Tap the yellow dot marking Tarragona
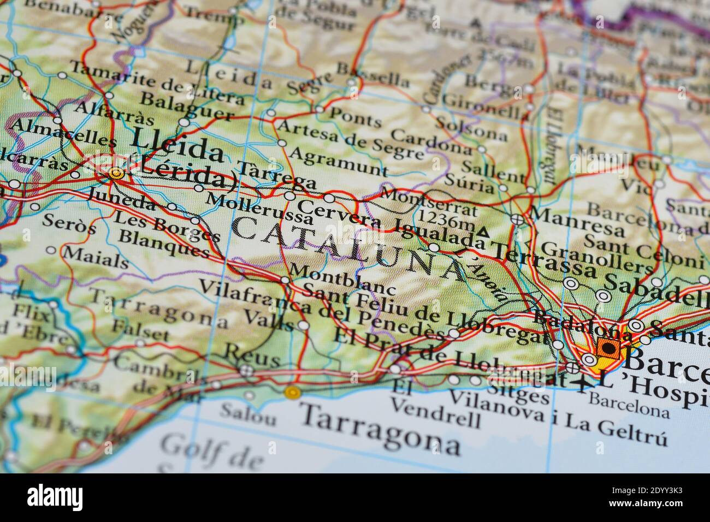pyautogui.click(x=293, y=391)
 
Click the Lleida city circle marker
pyautogui.click(x=115, y=174)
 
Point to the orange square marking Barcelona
pyautogui.click(x=607, y=347)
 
